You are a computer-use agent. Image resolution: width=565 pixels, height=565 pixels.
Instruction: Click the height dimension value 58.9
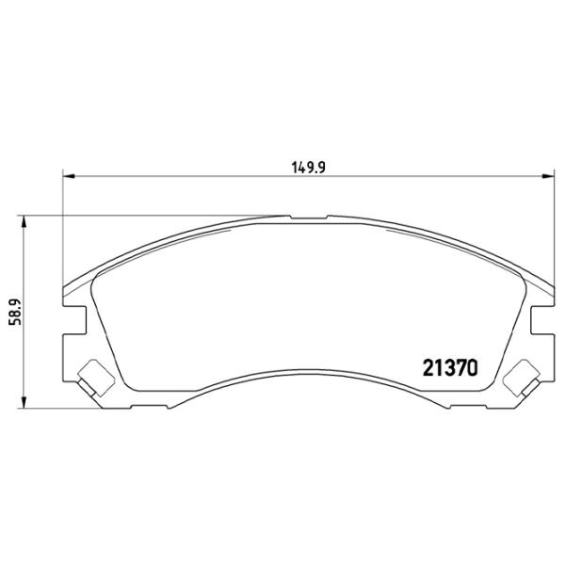point(13,312)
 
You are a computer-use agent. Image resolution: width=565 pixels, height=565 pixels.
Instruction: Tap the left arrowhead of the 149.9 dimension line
point(69,175)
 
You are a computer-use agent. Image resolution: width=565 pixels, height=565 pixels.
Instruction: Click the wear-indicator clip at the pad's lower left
point(92,379)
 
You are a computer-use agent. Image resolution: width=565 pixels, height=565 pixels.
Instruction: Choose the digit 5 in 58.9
point(13,324)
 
